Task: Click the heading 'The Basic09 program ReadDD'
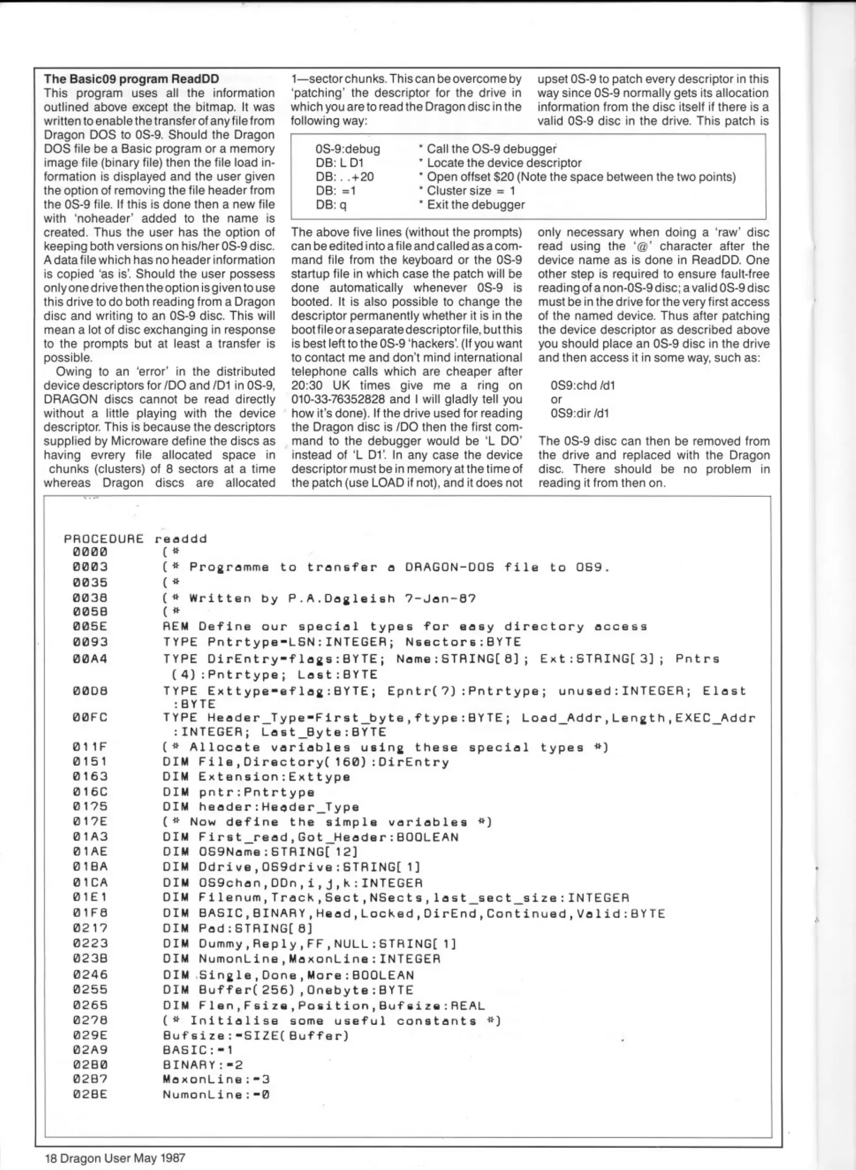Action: [x=131, y=79]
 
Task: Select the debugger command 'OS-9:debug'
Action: [x=348, y=148]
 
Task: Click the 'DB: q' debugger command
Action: [x=331, y=205]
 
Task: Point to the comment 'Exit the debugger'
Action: [x=475, y=205]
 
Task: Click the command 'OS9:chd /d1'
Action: [x=583, y=385]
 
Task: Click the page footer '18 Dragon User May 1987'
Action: [x=115, y=1158]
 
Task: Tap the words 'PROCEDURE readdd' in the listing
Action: [x=135, y=539]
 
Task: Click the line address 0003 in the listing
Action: [x=90, y=567]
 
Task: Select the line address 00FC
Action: [x=90, y=717]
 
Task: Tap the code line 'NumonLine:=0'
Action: [x=216, y=1094]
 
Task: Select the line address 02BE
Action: [x=90, y=1094]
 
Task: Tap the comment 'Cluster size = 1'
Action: [x=470, y=191]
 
